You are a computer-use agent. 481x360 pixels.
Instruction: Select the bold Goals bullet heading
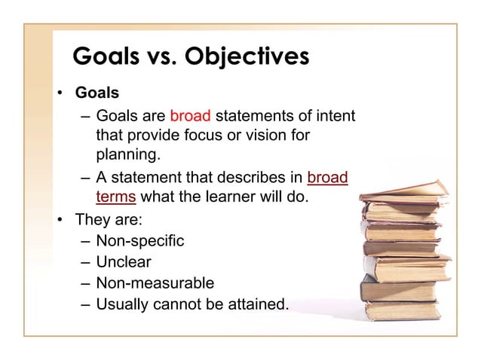[97, 93]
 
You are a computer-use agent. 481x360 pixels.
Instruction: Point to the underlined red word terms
[115, 197]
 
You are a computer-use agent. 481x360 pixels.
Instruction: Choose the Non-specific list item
[139, 241]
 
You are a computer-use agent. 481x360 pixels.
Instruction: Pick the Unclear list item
[123, 262]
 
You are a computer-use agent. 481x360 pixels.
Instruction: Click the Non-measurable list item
[155, 283]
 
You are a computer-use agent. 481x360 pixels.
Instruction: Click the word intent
[335, 117]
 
